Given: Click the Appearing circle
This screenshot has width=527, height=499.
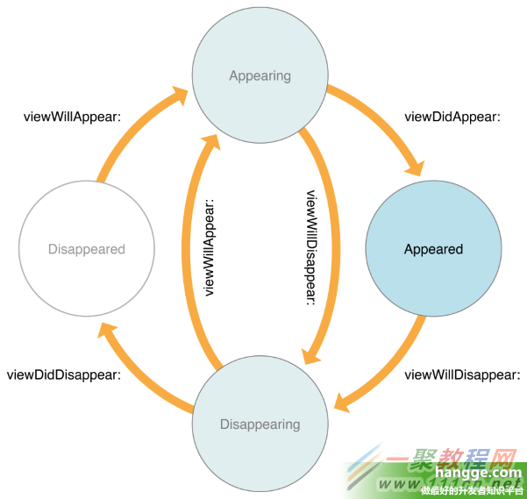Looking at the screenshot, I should pos(260,75).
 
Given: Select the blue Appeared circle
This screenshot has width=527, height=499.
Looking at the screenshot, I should pos(433,249).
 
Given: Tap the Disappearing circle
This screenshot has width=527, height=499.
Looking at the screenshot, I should pos(260,424).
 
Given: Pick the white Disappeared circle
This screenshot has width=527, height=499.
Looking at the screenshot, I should pos(86,249).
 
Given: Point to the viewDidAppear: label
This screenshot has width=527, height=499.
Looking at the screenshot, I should pos(452,117).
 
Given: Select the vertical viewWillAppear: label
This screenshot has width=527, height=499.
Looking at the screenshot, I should pos(210,248).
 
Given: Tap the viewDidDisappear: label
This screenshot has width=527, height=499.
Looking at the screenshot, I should pos(64,374).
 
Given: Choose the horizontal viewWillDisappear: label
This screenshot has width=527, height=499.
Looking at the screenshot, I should pos(462,374).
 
